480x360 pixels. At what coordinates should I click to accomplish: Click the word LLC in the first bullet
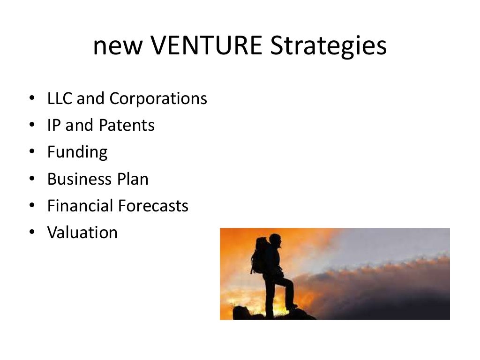[60, 99]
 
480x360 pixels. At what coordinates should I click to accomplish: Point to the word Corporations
[158, 99]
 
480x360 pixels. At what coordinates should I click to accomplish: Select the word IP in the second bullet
[54, 126]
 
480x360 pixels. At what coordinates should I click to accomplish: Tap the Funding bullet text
[77, 153]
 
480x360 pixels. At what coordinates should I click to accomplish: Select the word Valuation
[82, 232]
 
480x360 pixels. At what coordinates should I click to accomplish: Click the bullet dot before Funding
[31, 152]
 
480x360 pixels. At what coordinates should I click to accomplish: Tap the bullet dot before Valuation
[31, 233]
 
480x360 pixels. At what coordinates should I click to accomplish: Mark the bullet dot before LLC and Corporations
[31, 99]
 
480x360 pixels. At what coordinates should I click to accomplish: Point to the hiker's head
[275, 240]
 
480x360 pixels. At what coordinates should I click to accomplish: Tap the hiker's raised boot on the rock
[292, 306]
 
